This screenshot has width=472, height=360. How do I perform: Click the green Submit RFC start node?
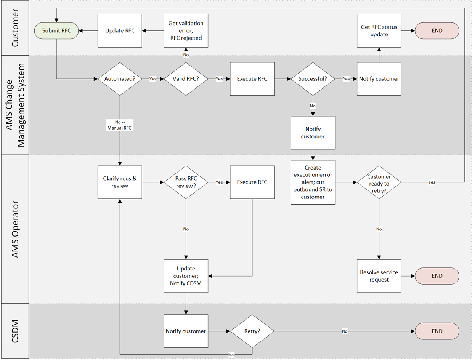coord(56,31)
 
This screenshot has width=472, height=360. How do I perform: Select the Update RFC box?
coord(120,31)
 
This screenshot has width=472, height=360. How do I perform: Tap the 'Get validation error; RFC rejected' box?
coord(186,31)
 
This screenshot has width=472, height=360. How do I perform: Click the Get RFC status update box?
coord(379,31)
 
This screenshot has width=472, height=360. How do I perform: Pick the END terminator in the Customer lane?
coord(437,31)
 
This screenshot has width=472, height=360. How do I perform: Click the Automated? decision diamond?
coord(120,79)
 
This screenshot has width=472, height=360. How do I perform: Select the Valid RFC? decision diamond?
coord(186,79)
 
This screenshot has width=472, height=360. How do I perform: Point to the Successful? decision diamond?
coord(313,79)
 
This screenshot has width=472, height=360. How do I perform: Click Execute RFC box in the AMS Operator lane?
coord(252,182)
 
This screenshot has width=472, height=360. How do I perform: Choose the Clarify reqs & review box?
coord(120,182)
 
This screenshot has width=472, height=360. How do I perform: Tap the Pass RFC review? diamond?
coord(186,182)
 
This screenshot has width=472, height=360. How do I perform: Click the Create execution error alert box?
coord(313,182)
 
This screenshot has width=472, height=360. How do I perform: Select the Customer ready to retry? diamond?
coord(379,182)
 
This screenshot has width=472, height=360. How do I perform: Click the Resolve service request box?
coord(379,276)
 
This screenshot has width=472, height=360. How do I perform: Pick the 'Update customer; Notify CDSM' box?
coord(186,276)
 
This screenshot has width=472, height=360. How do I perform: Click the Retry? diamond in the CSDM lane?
coord(252,331)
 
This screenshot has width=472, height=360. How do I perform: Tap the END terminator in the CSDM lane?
coord(437,331)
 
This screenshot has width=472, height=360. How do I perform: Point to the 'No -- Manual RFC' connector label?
coord(120,125)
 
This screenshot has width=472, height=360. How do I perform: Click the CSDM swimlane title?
coord(15,331)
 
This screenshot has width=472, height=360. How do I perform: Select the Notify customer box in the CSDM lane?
coord(186,331)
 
